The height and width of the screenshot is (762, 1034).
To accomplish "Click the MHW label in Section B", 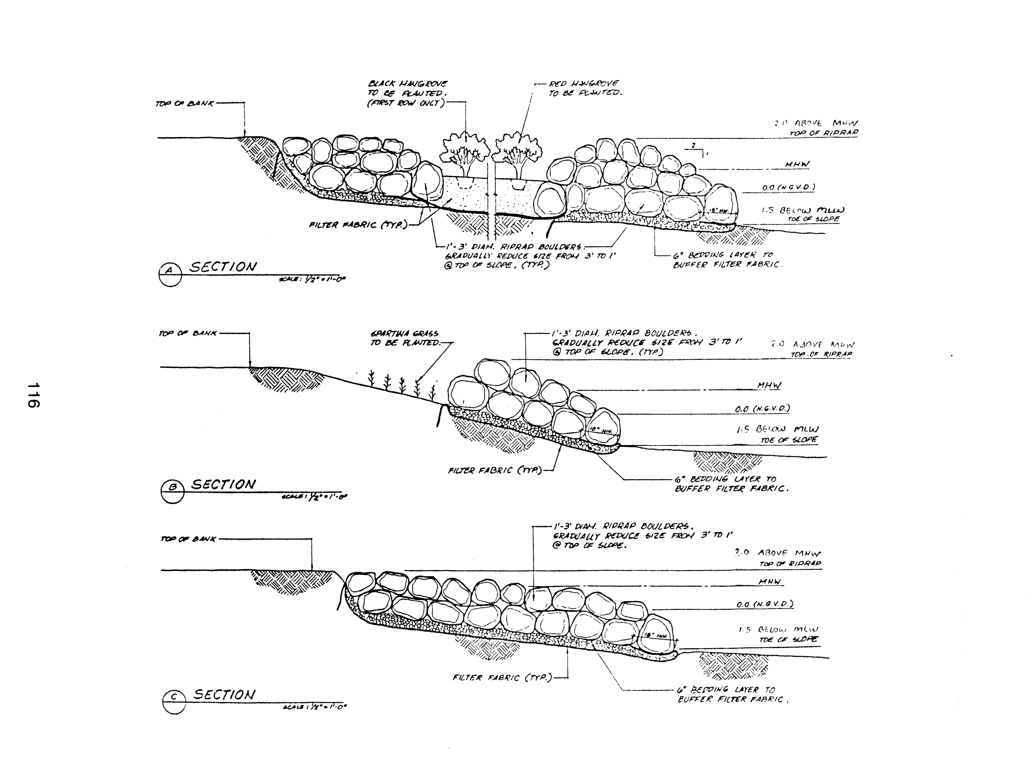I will [769, 386].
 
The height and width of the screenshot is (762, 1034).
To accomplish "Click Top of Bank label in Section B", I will [187, 333].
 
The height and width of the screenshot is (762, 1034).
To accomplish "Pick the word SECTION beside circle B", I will [223, 484].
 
